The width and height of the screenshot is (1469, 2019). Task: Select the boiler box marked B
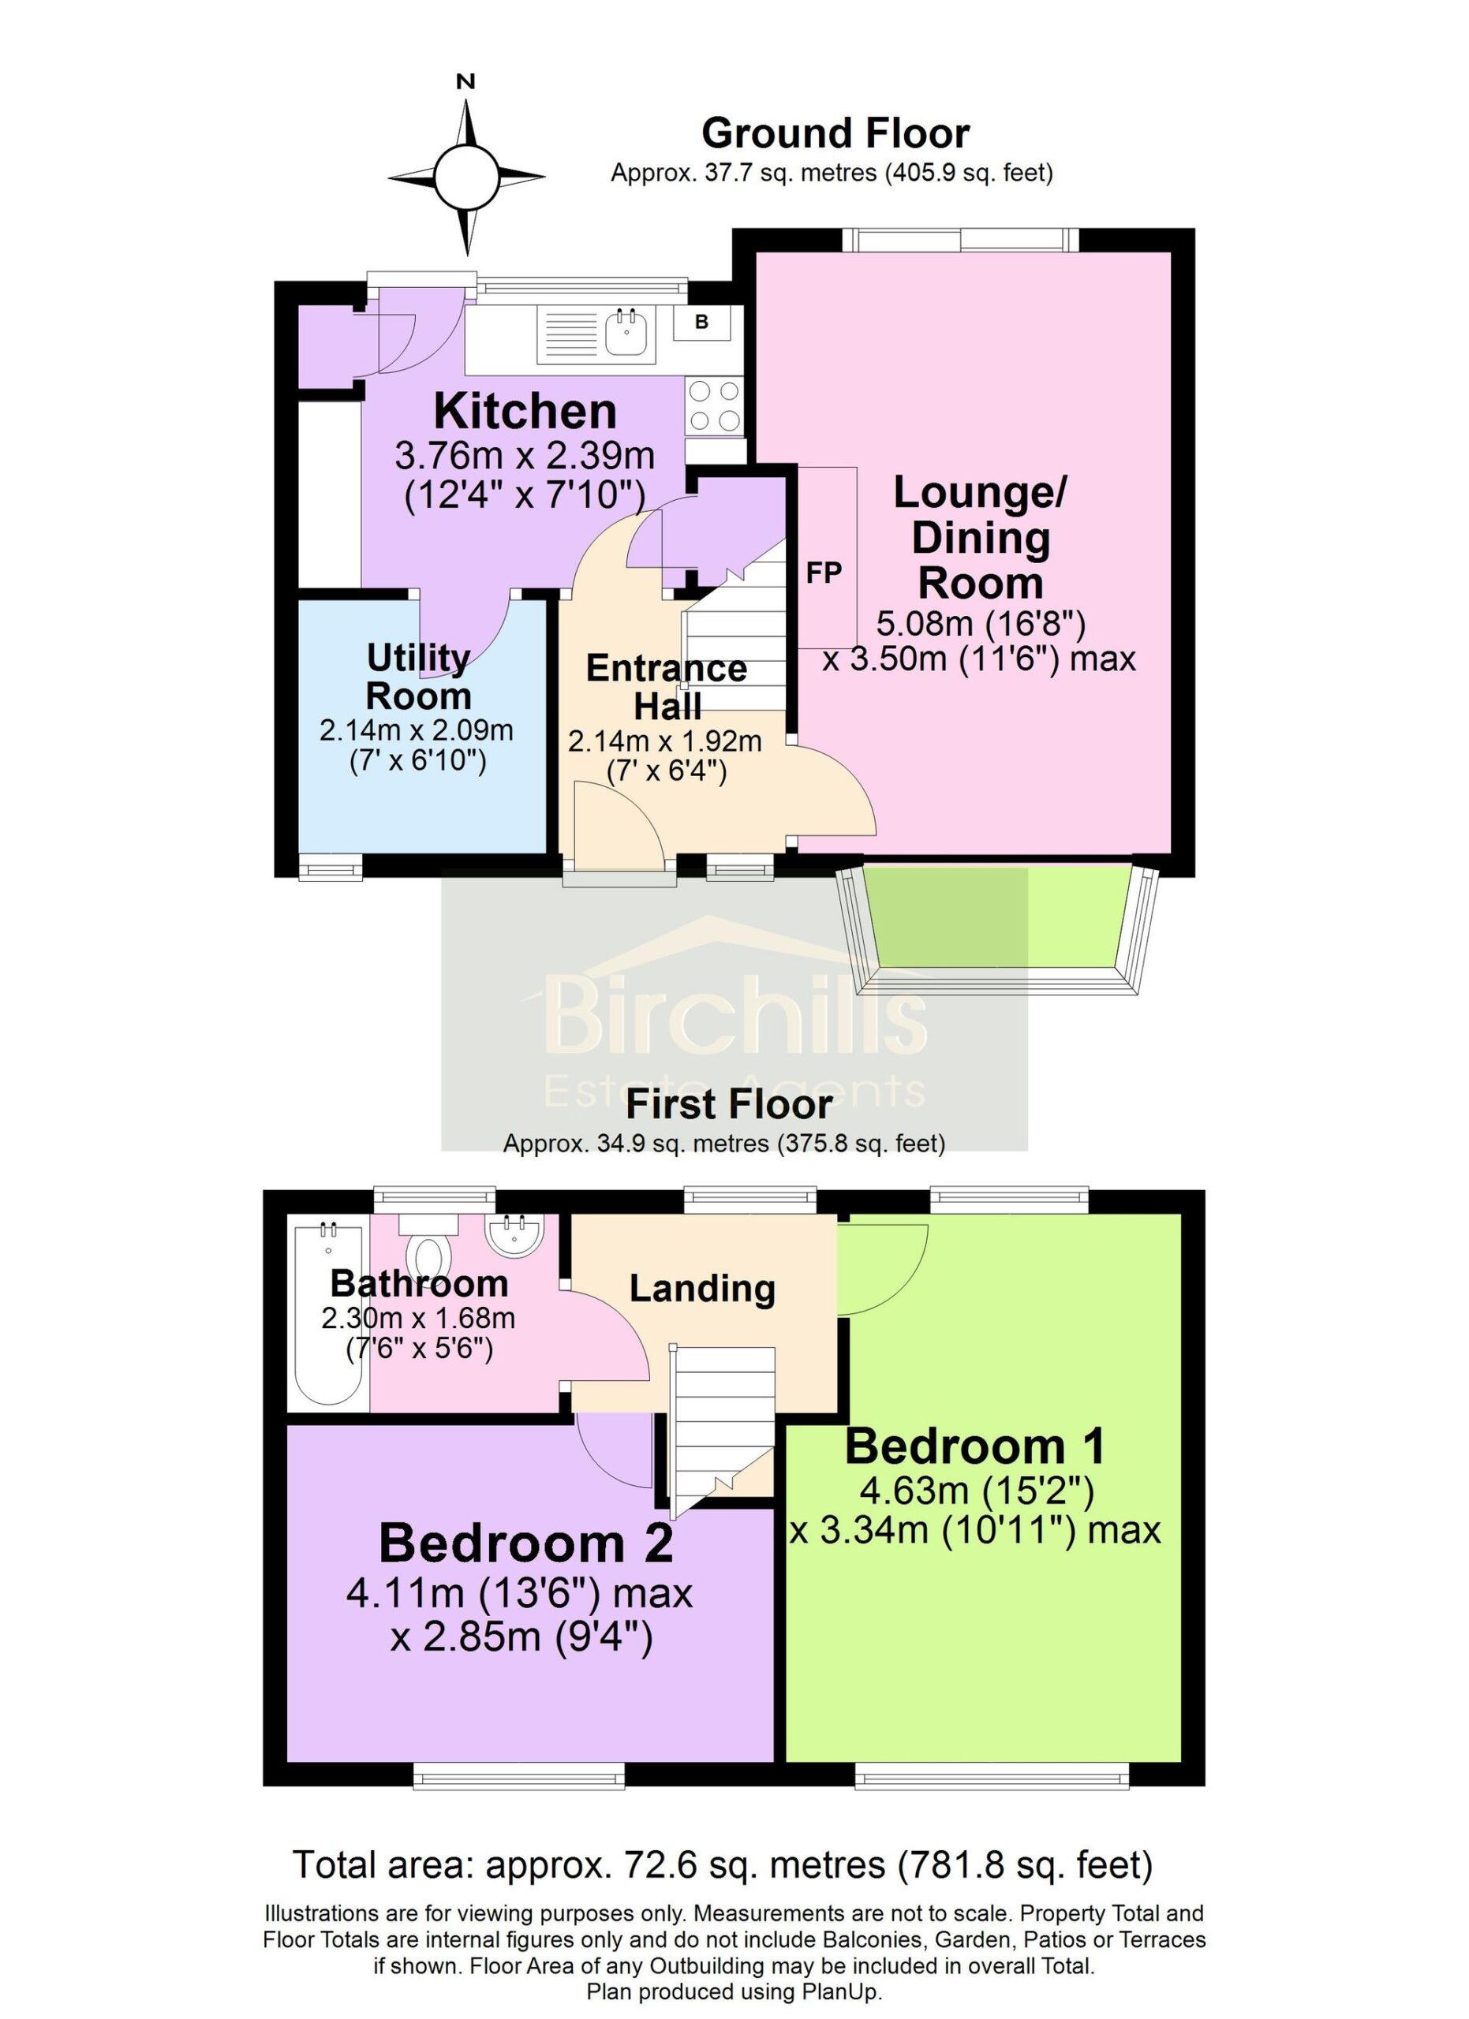pyautogui.click(x=701, y=323)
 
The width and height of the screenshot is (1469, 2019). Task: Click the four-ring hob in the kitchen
pyautogui.click(x=714, y=405)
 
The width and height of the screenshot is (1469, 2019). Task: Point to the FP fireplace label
pyautogui.click(x=824, y=573)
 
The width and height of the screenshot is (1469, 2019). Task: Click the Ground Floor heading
pyautogui.click(x=835, y=133)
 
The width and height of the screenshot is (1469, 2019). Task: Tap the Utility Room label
pyautogui.click(x=418, y=677)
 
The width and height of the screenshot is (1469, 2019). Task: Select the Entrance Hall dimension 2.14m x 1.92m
pyautogui.click(x=665, y=741)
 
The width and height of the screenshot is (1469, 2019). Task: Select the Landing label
pyautogui.click(x=702, y=1289)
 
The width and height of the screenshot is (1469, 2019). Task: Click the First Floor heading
pyautogui.click(x=729, y=1105)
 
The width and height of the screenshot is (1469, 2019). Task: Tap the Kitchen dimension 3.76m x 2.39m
pyautogui.click(x=525, y=456)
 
